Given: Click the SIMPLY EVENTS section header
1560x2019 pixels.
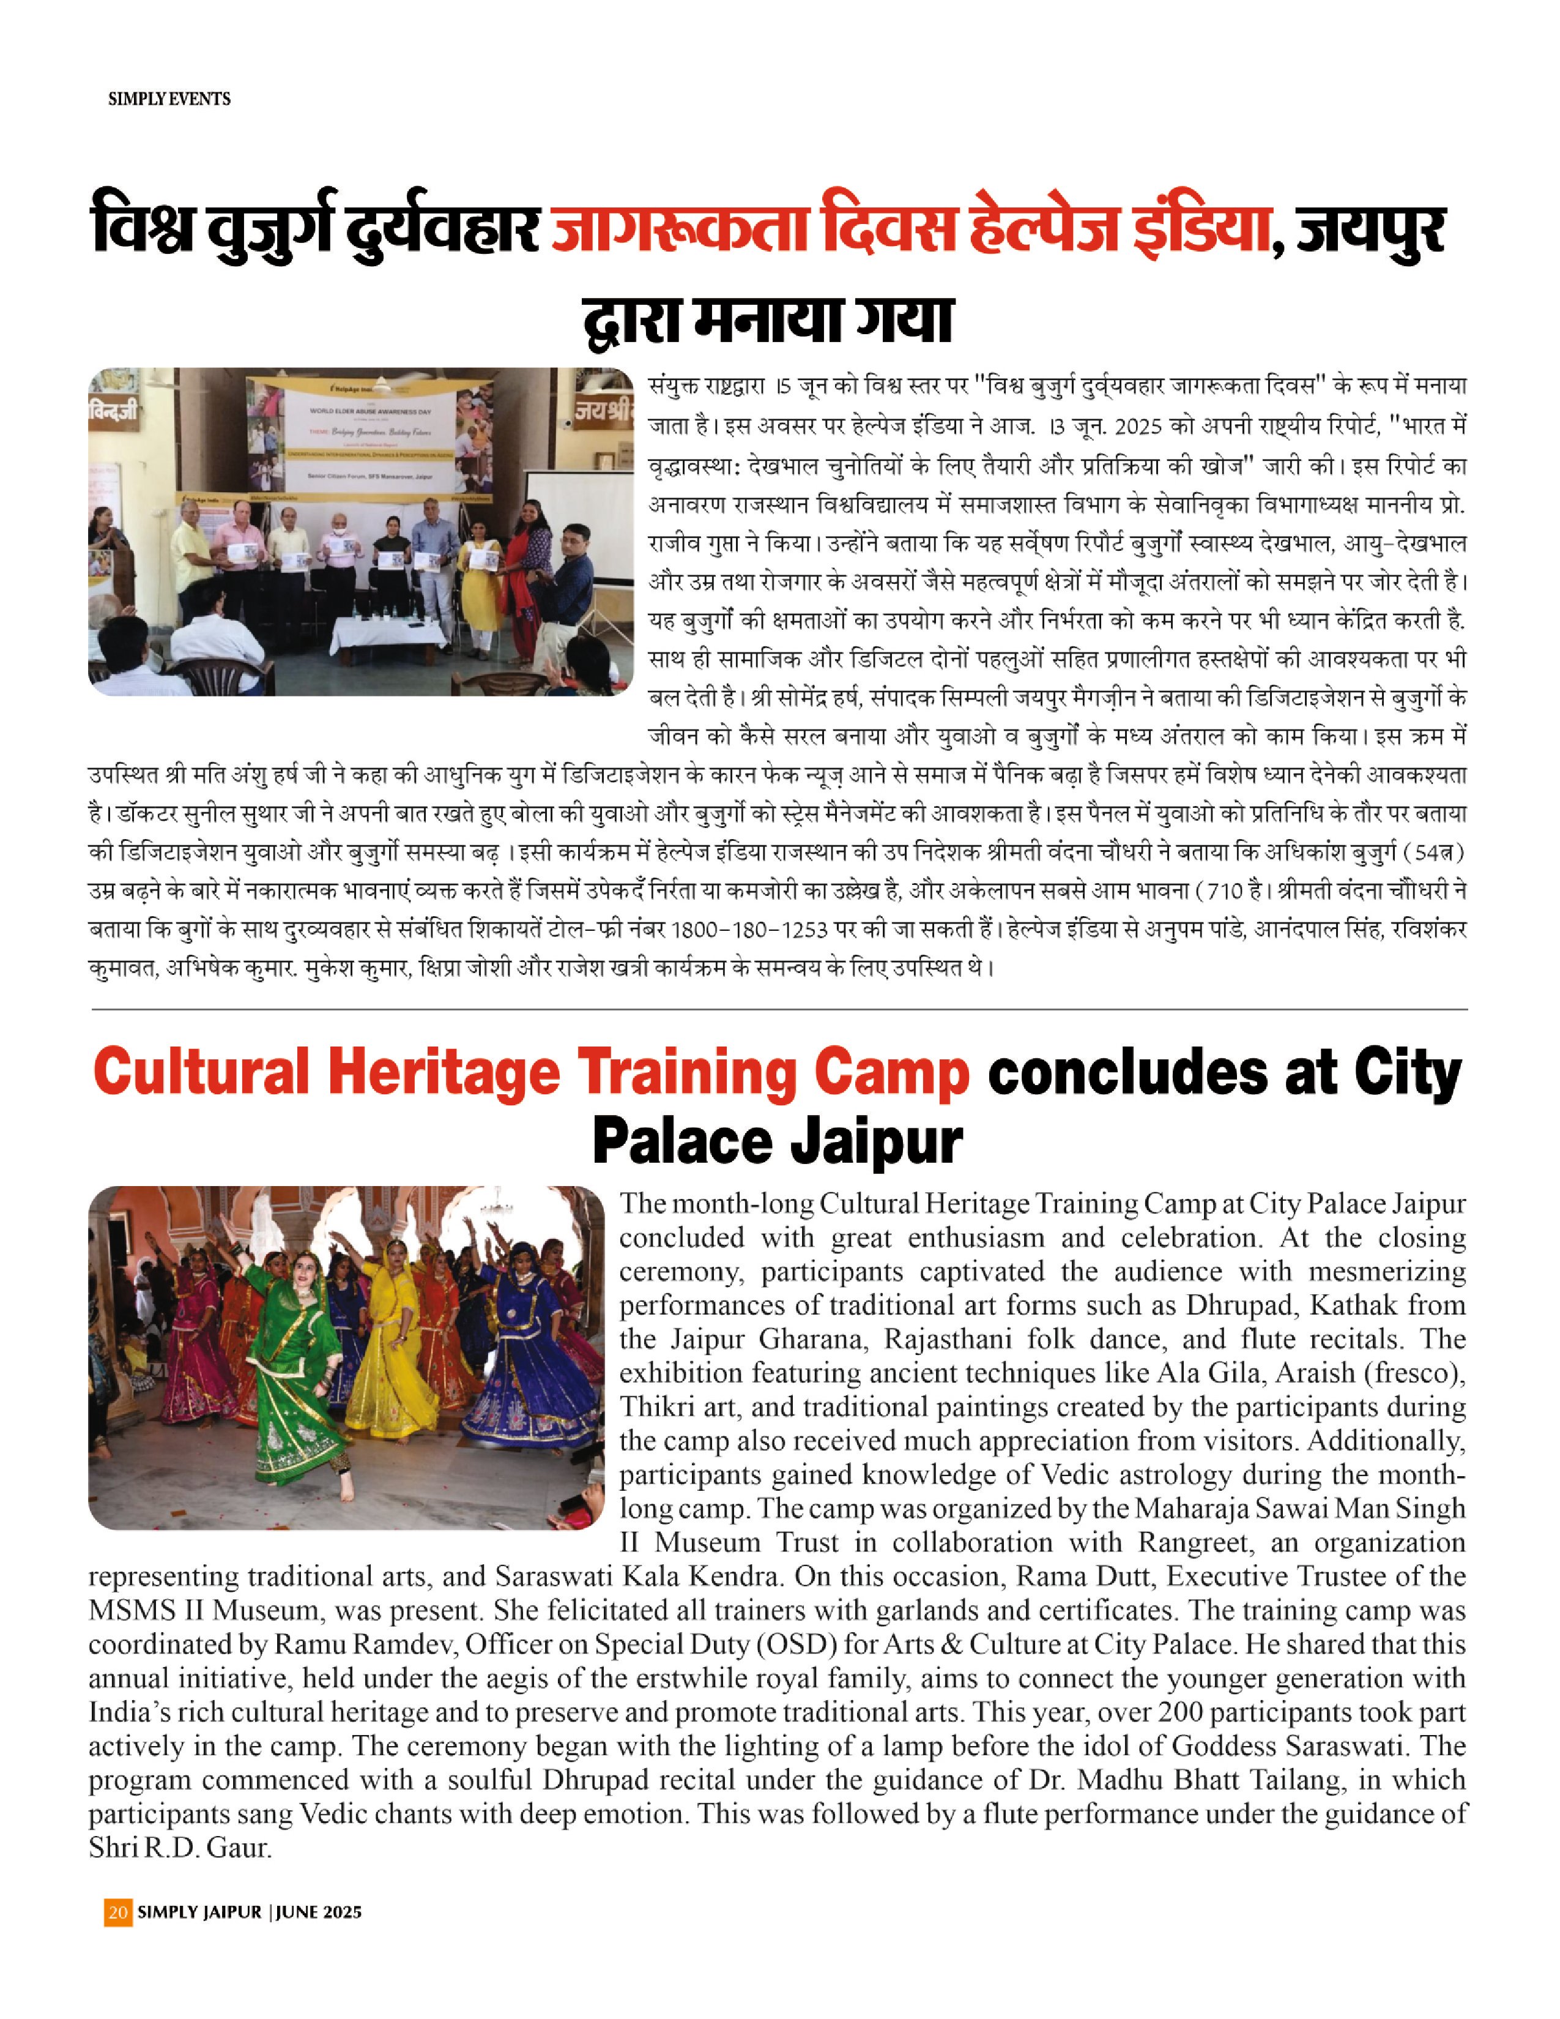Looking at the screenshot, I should pyautogui.click(x=169, y=99).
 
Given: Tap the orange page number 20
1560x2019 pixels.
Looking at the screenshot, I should pyautogui.click(x=117, y=1912).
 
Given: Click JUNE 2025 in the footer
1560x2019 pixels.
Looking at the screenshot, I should pyautogui.click(x=318, y=1912).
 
